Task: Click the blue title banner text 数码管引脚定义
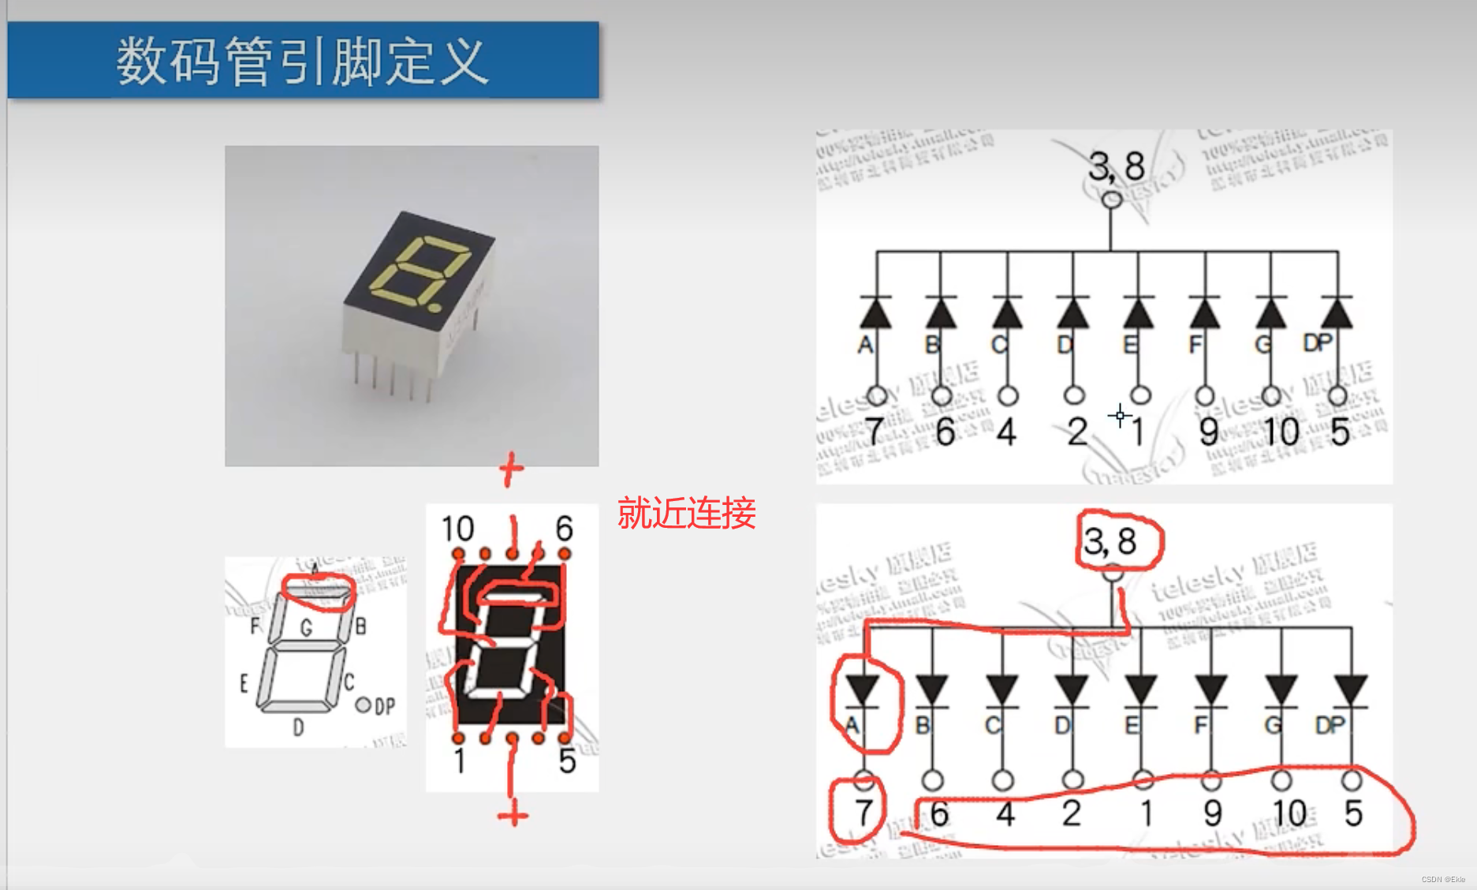pos(302,61)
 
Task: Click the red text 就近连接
pos(686,514)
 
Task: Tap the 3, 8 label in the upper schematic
pos(1115,166)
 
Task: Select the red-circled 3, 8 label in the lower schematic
pos(1110,541)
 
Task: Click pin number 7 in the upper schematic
pos(874,432)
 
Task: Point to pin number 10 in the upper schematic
pos(1281,432)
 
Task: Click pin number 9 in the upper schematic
pos(1208,432)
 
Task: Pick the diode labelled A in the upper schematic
pos(875,313)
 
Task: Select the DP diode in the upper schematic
pos(1337,313)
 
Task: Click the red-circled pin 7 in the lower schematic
pos(863,812)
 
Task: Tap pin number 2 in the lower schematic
pos(1071,813)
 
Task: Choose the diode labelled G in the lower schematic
pos(1281,690)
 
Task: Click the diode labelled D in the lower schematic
pos(1071,690)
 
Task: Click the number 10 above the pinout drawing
pos(457,529)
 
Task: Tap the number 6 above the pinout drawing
pos(564,529)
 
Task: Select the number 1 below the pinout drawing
pos(460,761)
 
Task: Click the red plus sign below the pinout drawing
pos(513,813)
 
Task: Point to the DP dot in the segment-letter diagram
pos(363,705)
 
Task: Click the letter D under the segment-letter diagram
pos(298,727)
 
